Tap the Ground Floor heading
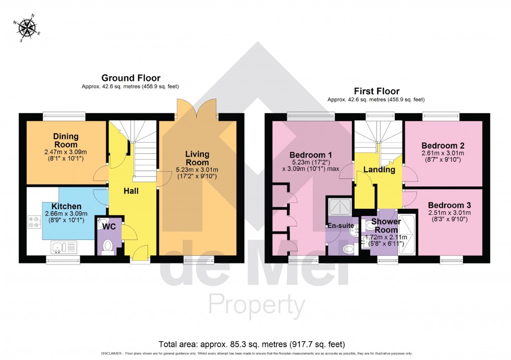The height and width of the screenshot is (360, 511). [x=130, y=78]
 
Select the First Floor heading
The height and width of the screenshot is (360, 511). [x=375, y=90]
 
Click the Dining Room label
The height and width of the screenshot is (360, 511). [x=66, y=140]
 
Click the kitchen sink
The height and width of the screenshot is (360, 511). [x=64, y=246]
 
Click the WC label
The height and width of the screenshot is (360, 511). [x=109, y=227]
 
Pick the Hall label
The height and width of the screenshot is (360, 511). [x=131, y=191]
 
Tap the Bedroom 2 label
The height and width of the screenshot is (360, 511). [x=443, y=146]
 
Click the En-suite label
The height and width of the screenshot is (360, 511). [x=341, y=225]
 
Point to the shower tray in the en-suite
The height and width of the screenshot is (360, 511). [x=339, y=207]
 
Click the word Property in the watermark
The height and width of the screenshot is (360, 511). [x=257, y=304]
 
